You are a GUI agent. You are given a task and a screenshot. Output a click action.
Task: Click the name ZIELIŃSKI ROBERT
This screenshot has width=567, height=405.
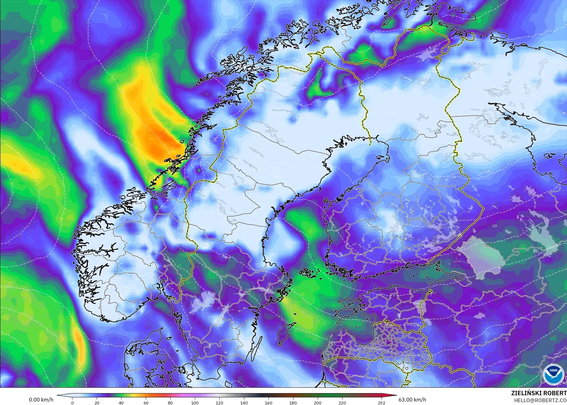click(539, 393)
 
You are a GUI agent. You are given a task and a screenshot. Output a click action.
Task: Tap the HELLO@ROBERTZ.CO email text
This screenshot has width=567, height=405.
click(541, 400)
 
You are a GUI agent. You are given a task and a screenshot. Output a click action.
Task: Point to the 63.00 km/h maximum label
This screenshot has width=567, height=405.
click(413, 400)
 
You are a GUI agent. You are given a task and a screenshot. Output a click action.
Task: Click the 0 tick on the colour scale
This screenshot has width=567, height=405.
click(72, 402)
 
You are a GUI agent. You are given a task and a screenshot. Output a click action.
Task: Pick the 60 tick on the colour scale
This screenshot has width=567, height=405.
click(146, 402)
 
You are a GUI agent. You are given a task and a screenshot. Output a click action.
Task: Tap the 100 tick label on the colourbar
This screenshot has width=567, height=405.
click(195, 402)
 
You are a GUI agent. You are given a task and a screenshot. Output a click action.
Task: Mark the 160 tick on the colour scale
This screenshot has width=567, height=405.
click(268, 402)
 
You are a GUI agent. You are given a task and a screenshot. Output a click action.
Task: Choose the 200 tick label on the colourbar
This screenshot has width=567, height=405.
click(317, 402)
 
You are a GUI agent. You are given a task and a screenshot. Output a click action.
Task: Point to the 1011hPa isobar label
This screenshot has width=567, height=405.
click(12, 188)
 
